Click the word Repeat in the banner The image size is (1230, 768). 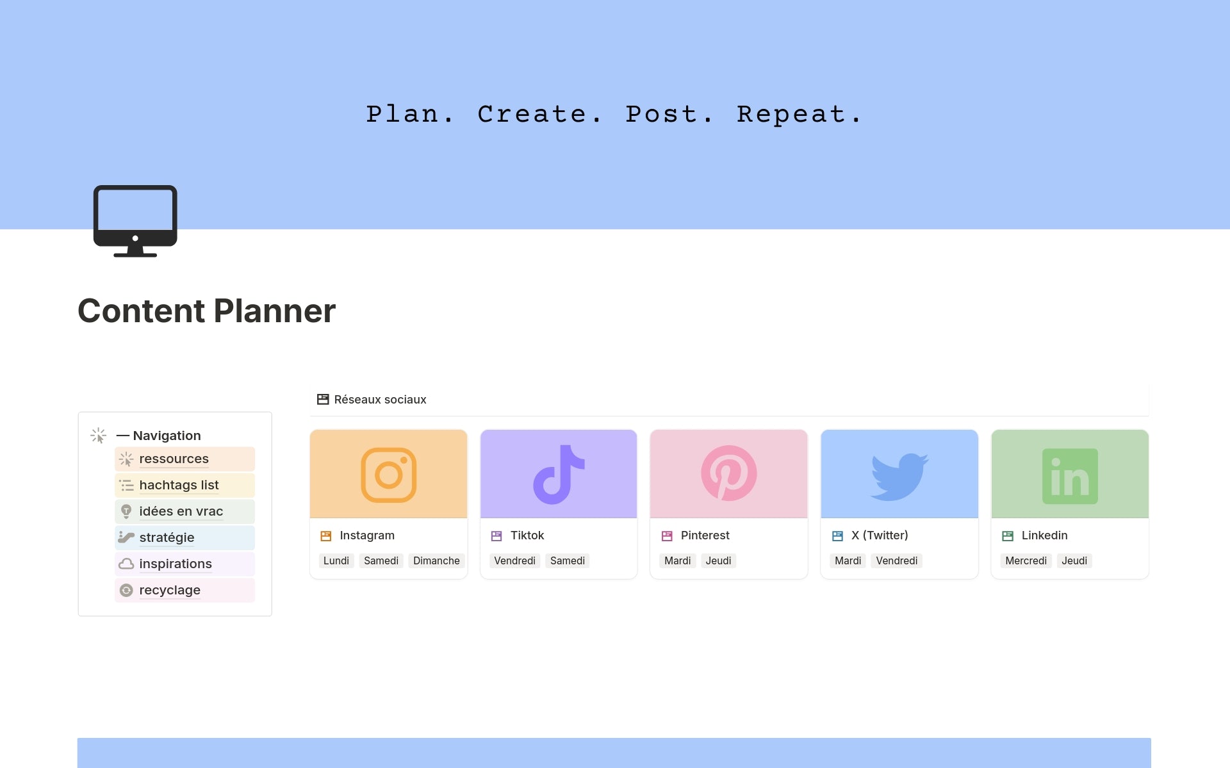tap(791, 115)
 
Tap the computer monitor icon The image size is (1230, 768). tap(135, 221)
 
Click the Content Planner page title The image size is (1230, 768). tap(206, 311)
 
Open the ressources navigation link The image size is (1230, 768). tap(174, 459)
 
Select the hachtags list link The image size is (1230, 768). tap(179, 485)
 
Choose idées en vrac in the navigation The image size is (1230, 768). tap(181, 511)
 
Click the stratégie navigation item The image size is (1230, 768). tap(167, 537)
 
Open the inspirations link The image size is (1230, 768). tap(175, 564)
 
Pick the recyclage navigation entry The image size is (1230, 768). tap(170, 590)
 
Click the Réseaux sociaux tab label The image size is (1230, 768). tap(380, 400)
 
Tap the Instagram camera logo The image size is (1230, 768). tap(389, 475)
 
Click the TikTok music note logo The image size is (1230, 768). tap(559, 475)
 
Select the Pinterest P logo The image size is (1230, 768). tap(729, 473)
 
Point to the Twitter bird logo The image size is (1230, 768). tap(899, 477)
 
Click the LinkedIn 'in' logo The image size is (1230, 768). tap(1070, 476)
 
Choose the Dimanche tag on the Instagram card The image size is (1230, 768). tap(436, 560)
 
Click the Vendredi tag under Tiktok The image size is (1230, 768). tap(514, 560)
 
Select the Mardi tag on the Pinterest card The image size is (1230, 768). tap(677, 560)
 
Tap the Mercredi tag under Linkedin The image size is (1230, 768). tap(1026, 560)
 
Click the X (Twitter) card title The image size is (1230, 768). tap(880, 535)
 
